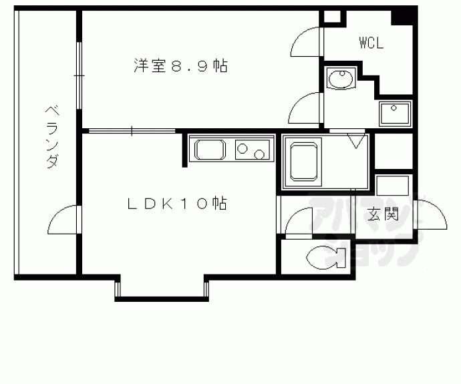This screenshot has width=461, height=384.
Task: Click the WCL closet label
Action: pyautogui.click(x=371, y=43)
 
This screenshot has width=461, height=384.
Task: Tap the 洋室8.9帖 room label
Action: pyautogui.click(x=180, y=65)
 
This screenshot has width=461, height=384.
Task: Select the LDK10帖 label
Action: pyautogui.click(x=177, y=203)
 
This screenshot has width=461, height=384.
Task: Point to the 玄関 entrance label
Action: pyautogui.click(x=383, y=214)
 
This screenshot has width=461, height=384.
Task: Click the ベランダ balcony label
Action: pyautogui.click(x=52, y=137)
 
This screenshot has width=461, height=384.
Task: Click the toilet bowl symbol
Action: pyautogui.click(x=326, y=258)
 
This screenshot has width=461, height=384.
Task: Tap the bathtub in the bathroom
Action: pyautogui.click(x=304, y=161)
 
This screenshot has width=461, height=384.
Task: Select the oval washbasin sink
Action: pyautogui.click(x=341, y=79)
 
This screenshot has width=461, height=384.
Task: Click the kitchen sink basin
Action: pyautogui.click(x=210, y=150)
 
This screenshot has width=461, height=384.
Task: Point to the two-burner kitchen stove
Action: pyautogui.click(x=253, y=150)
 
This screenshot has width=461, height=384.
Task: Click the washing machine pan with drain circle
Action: pyautogui.click(x=395, y=114)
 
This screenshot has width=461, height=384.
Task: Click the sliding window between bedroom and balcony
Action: pyautogui.click(x=79, y=75)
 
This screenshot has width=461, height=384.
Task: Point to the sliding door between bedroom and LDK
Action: pyautogui.click(x=132, y=131)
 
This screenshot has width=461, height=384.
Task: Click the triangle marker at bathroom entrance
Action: pyautogui.click(x=356, y=141)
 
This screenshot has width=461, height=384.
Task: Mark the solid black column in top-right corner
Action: pyautogui.click(x=404, y=16)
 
